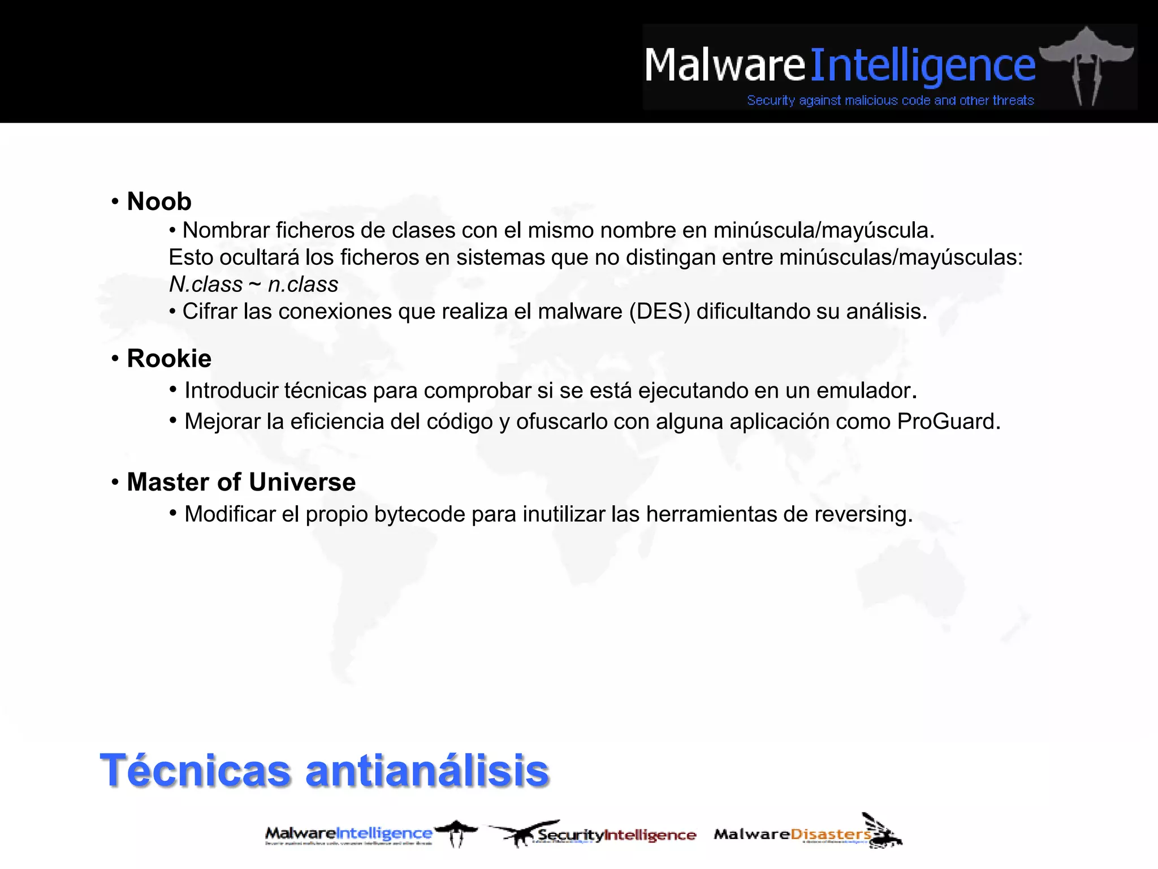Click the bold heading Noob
(x=159, y=202)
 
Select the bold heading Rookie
(x=169, y=359)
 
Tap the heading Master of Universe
(x=241, y=482)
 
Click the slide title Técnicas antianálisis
(x=324, y=770)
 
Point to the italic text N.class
(x=206, y=285)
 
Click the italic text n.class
(x=303, y=285)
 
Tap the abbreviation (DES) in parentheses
(x=660, y=312)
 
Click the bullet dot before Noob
(x=115, y=201)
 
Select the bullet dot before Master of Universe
(x=115, y=482)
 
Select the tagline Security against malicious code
(x=890, y=101)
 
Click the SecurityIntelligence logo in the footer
(x=594, y=834)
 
